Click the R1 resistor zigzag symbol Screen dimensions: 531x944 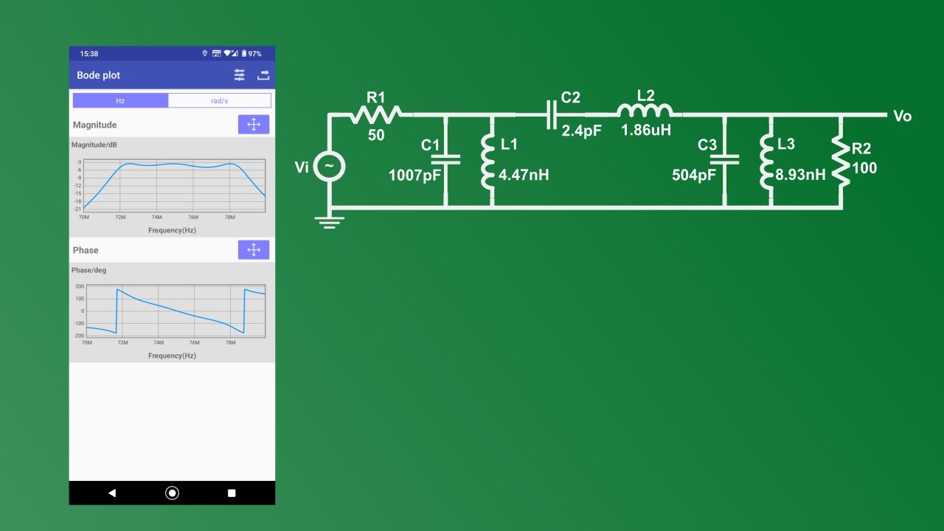(x=375, y=114)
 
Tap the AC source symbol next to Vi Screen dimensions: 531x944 (x=329, y=167)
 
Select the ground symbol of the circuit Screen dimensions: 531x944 (x=329, y=221)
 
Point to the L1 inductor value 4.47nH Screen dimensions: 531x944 (x=524, y=176)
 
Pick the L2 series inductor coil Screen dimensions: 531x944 (x=645, y=111)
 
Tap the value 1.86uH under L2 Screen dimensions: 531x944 (x=646, y=131)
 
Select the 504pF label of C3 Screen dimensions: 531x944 (x=694, y=176)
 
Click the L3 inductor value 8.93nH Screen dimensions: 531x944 (x=800, y=176)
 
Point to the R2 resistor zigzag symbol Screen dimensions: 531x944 (x=841, y=160)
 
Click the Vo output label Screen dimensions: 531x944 (x=902, y=117)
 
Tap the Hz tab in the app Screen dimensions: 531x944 (x=120, y=100)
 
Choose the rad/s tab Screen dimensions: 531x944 (x=220, y=100)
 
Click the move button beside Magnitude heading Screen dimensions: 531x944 (x=254, y=125)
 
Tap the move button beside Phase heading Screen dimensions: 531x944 (x=254, y=250)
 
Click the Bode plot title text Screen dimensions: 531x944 (x=98, y=75)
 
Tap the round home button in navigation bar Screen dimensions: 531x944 (x=172, y=493)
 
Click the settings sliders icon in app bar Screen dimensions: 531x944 (x=240, y=75)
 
